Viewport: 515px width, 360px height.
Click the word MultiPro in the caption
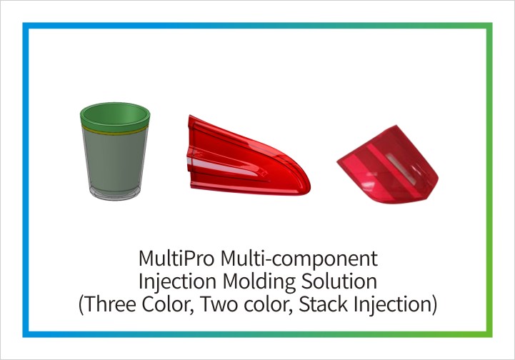pos(176,258)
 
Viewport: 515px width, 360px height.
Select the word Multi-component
pos(299,259)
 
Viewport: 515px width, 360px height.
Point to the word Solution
pos(339,281)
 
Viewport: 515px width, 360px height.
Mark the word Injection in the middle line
pos(178,282)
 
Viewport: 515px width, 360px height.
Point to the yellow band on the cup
pos(115,131)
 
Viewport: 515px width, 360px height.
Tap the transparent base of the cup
pos(114,194)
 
